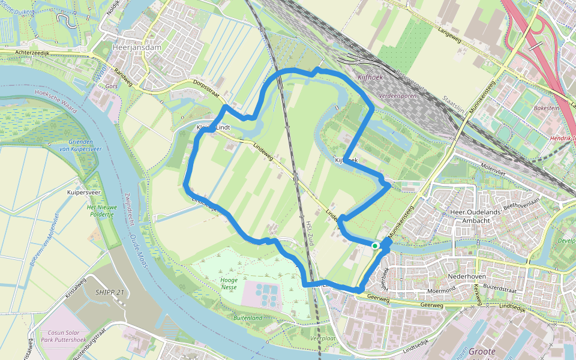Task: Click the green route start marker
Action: click(375, 245)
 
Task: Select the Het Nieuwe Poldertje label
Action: click(101, 210)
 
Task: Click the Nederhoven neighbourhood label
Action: click(466, 277)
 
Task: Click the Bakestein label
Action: click(547, 109)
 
